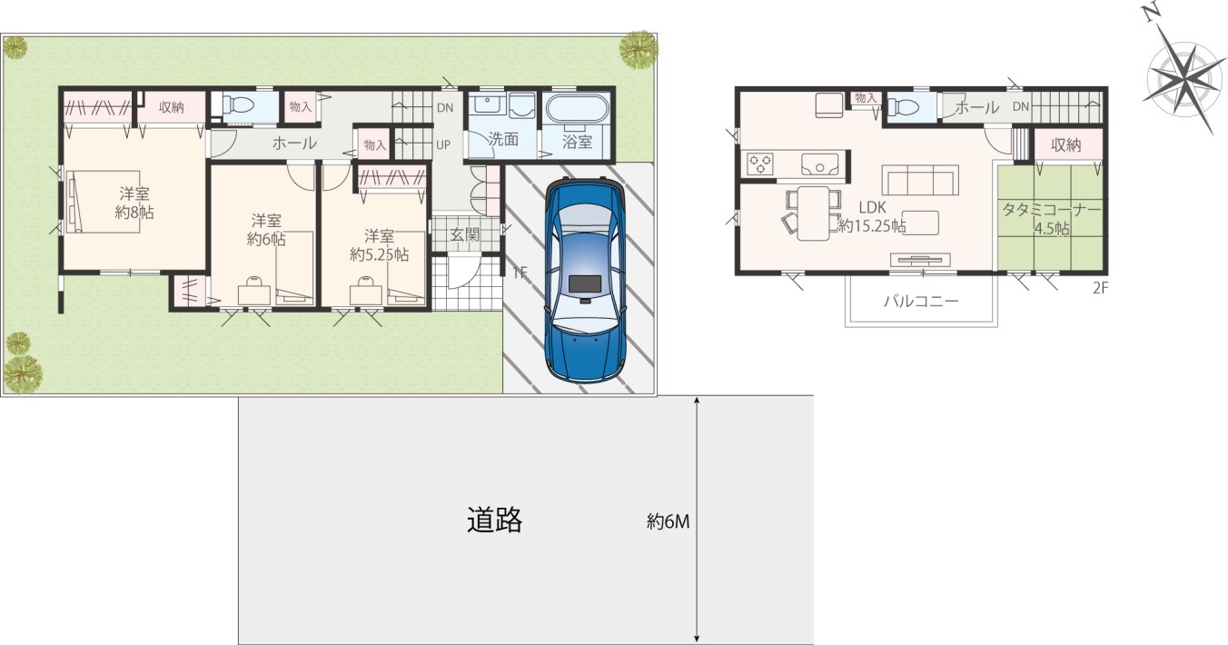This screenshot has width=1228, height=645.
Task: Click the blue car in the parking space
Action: point(585,280)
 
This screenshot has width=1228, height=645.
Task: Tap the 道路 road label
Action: point(494,520)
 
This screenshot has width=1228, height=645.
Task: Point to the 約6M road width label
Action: point(668,521)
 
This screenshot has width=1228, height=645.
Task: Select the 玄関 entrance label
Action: point(464,234)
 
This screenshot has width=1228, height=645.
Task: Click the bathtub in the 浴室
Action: point(578,113)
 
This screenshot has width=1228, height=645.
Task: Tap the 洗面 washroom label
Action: point(502,139)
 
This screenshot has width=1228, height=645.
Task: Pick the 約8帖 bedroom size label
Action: point(134,213)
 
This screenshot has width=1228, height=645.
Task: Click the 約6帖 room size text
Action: point(266,239)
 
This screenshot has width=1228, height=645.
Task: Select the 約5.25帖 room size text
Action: point(380,254)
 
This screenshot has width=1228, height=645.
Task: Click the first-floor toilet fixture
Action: point(238,104)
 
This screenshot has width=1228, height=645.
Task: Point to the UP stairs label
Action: point(443,144)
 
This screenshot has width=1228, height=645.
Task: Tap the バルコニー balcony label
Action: point(921,301)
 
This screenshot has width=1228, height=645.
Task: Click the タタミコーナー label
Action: point(1052,210)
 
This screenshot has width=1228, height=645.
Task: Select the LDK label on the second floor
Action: point(872,207)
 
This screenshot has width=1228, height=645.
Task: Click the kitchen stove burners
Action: point(760,163)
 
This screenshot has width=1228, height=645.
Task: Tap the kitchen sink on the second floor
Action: point(819,163)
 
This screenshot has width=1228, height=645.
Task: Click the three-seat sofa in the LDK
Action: point(920,180)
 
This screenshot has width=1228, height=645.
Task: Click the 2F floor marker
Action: point(1101,288)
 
